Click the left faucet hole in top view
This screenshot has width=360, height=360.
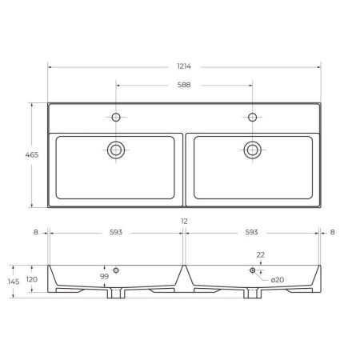coord(116,118)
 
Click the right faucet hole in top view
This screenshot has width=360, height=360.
coord(253,118)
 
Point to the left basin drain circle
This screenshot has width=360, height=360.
coord(116,148)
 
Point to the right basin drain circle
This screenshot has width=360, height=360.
coord(253,148)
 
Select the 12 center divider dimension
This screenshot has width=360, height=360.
coord(185,221)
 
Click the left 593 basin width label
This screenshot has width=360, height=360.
coord(117,233)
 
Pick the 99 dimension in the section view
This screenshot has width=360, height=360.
coord(104,277)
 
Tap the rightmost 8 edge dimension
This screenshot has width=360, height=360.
coord(333,233)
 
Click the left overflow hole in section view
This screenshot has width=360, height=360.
coord(117,270)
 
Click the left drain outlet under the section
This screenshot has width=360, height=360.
coord(117,294)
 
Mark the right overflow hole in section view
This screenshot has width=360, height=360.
coord(253,270)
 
